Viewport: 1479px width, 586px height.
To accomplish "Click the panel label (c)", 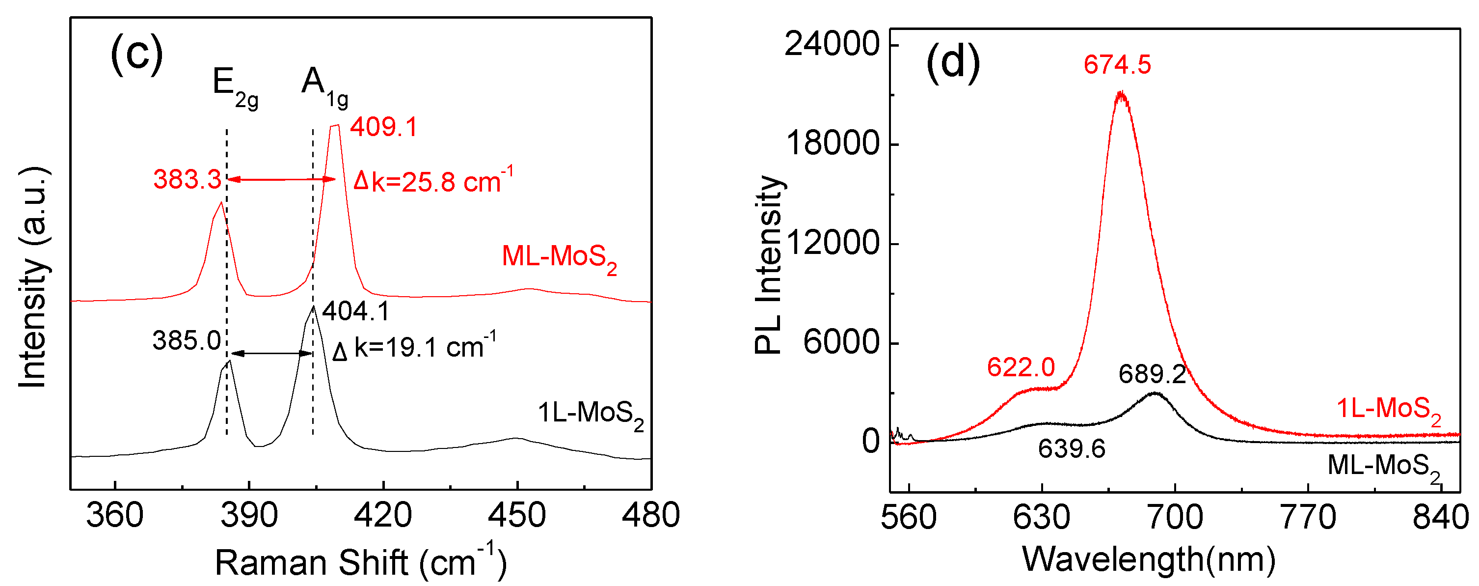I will [136, 54].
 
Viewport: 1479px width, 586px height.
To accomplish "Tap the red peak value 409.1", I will [384, 127].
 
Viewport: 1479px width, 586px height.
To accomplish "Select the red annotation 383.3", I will [187, 180].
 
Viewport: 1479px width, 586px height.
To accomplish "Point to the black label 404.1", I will [356, 311].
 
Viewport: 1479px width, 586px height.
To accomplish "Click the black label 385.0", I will [187, 341].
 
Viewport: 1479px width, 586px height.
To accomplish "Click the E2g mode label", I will [235, 86].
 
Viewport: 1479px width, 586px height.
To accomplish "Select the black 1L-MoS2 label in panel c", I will [590, 414].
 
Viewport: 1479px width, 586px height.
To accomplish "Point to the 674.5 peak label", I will [1117, 64].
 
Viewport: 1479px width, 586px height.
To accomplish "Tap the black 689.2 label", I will [1152, 375].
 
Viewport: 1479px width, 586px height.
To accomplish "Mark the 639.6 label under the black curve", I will [1072, 448].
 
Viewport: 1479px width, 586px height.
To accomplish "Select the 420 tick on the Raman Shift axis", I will [383, 515].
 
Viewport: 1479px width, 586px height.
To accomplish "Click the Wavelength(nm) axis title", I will [1149, 559].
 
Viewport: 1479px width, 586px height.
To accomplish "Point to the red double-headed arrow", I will [282, 180].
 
